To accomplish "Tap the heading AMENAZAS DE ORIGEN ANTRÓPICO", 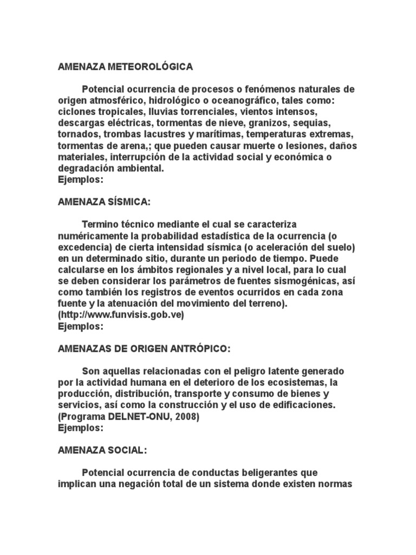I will coord(144,349).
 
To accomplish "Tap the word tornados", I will coord(77,134).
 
